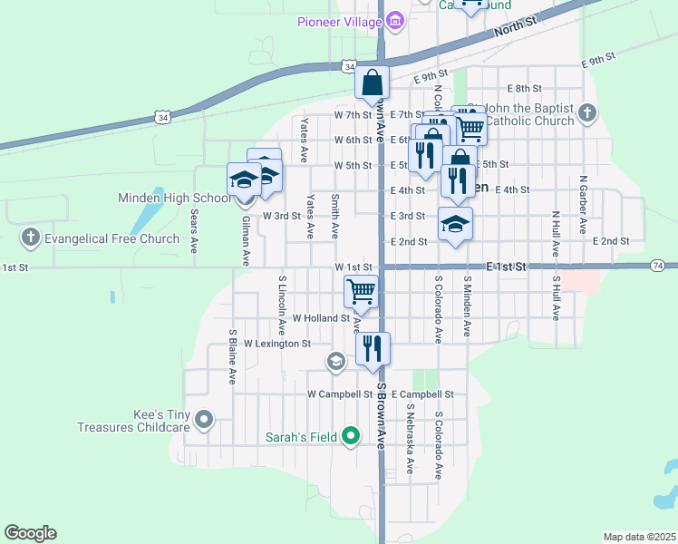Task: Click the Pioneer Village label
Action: [337, 22]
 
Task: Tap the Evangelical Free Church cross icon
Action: [30, 239]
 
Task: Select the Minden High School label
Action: [175, 198]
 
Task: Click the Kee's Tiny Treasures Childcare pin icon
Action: [204, 420]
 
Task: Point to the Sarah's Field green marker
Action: [352, 437]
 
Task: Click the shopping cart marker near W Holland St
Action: [361, 292]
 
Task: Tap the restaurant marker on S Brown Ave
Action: [373, 347]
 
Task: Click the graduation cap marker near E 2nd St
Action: [455, 223]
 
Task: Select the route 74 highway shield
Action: [658, 265]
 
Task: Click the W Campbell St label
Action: [340, 394]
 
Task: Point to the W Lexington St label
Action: [277, 344]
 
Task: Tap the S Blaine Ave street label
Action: [233, 357]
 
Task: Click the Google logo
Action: [30, 533]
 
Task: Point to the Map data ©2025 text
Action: [639, 537]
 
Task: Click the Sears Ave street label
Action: [194, 230]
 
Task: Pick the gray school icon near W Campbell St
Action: [335, 363]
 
